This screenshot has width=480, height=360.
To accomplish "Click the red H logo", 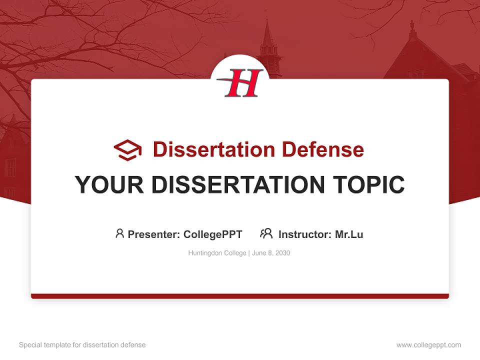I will [x=242, y=83].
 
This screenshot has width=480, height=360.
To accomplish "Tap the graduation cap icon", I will [x=127, y=150].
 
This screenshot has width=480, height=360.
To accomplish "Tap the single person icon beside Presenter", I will [x=119, y=233].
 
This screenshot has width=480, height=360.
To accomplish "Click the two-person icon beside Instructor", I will [x=266, y=233].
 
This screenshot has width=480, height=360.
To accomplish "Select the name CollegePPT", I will [x=213, y=234].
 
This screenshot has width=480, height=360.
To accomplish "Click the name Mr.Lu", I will [x=349, y=234].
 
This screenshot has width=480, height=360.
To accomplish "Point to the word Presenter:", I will [x=154, y=234].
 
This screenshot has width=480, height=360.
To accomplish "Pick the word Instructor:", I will [x=305, y=234].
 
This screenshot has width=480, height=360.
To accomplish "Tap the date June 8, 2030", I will [x=271, y=253].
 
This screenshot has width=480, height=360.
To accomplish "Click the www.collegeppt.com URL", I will [x=428, y=345].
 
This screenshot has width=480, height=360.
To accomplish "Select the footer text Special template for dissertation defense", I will [x=82, y=345].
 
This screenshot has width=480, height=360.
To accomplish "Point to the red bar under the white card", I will [x=240, y=296].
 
